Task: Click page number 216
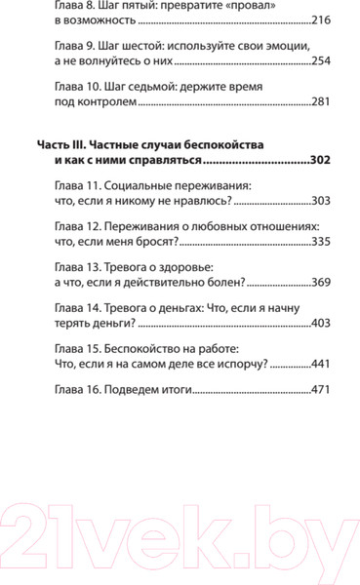pyautogui.click(x=321, y=19)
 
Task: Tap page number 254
pyautogui.click(x=321, y=60)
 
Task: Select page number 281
pyautogui.click(x=321, y=102)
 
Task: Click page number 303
pyautogui.click(x=321, y=200)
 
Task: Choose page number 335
pyautogui.click(x=321, y=242)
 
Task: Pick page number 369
pyautogui.click(x=321, y=284)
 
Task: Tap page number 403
pyautogui.click(x=321, y=326)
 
